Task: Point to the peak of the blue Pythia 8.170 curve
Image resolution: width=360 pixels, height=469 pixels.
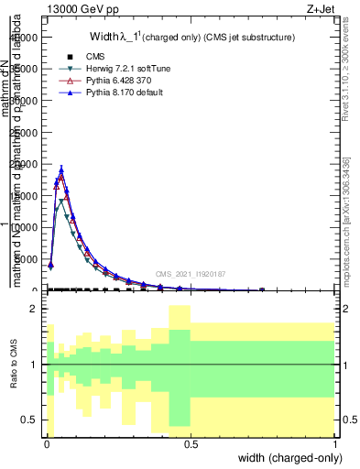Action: [61, 169]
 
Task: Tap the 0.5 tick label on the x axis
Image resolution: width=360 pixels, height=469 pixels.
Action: [191, 444]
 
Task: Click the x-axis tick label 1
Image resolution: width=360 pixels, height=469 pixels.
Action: [335, 444]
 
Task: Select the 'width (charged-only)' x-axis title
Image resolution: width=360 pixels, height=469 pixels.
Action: [285, 459]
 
